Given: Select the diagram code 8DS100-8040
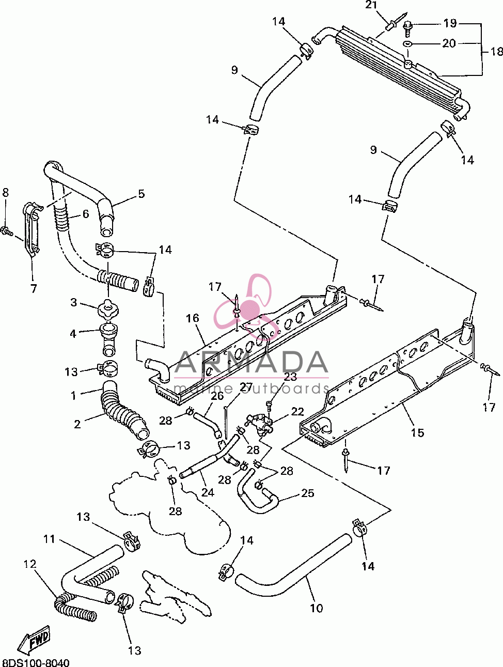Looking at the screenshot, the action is (x=36, y=662).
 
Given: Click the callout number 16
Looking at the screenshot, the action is (x=192, y=318).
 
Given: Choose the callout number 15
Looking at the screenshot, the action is (x=417, y=433).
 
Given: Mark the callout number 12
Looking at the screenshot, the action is (x=30, y=564).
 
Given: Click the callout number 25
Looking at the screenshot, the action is (x=307, y=493).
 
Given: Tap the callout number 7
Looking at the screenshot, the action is (x=34, y=288).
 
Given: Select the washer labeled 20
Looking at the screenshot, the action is (x=407, y=44).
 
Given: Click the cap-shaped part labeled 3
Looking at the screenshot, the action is (x=108, y=308).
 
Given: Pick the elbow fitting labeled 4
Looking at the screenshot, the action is (x=108, y=340).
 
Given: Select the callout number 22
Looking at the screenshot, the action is (x=297, y=411).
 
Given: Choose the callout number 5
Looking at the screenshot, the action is (x=141, y=194).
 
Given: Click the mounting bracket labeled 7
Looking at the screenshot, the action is (x=32, y=229).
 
